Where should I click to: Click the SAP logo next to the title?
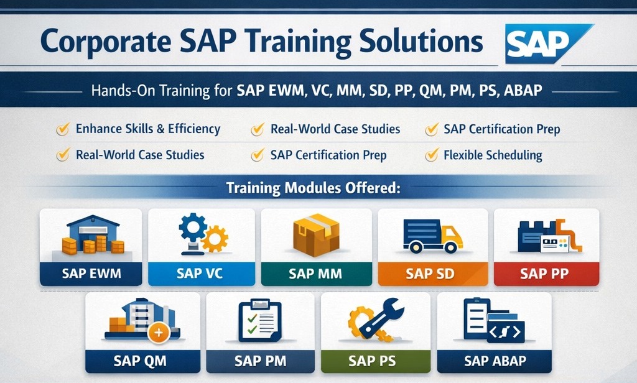tap(546, 43)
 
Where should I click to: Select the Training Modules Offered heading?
tap(312, 188)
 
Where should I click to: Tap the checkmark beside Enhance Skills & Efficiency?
tap(62, 129)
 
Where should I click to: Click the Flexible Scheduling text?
tap(492, 155)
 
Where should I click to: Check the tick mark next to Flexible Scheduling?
tap(430, 155)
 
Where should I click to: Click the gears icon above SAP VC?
tap(202, 233)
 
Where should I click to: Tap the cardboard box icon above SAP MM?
tap(316, 235)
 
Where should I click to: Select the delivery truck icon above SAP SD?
tap(432, 236)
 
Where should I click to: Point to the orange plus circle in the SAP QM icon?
tap(158, 333)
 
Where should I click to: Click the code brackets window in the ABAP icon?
tap(505, 332)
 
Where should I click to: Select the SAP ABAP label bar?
tap(495, 361)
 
